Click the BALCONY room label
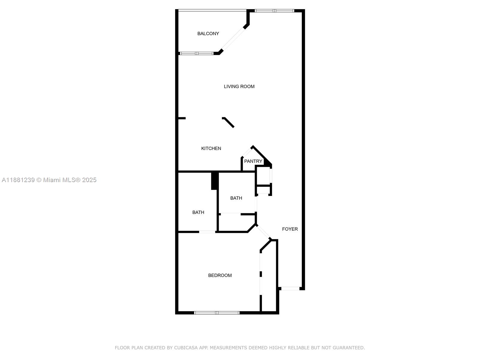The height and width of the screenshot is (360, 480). click(x=208, y=34)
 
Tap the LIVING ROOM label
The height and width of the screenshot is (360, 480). click(x=239, y=86)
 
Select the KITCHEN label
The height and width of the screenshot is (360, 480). click(x=211, y=148)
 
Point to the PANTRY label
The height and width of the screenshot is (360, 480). click(x=253, y=161)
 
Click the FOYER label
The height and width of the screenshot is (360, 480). click(x=290, y=229)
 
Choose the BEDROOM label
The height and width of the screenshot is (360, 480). click(x=220, y=275)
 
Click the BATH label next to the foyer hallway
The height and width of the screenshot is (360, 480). click(x=236, y=198)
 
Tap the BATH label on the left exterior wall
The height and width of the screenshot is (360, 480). click(x=198, y=212)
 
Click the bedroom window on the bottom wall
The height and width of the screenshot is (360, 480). click(x=217, y=313)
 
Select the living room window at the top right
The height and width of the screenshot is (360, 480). click(x=274, y=11)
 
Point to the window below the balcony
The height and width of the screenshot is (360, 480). click(x=196, y=53)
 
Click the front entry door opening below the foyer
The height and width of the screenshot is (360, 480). click(x=290, y=289)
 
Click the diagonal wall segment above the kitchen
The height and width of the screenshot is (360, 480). click(x=228, y=122)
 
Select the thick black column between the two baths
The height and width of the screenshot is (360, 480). click(x=214, y=181)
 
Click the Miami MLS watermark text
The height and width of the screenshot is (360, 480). click(x=49, y=180)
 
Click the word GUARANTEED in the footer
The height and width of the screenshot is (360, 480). click(x=349, y=348)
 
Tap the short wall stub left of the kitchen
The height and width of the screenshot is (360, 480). click(x=182, y=118)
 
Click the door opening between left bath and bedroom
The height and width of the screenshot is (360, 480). click(x=207, y=232)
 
